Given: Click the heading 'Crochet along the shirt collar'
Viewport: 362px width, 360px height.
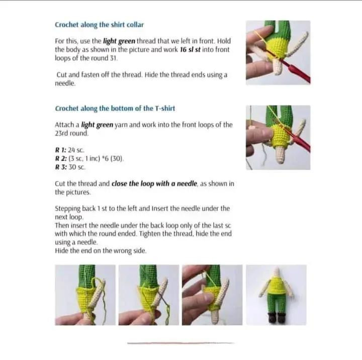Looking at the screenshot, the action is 99,25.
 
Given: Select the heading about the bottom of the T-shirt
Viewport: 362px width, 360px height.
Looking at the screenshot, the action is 115,108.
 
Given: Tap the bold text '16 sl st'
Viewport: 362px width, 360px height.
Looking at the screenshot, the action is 190,50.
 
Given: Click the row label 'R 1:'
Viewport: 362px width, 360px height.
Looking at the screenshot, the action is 61,150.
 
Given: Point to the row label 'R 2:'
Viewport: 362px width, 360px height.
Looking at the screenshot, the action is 61,159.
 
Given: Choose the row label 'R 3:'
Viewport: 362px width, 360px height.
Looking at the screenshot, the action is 61,167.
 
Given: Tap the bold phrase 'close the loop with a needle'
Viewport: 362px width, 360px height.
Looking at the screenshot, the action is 154,184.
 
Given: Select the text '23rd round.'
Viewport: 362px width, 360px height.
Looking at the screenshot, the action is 71,133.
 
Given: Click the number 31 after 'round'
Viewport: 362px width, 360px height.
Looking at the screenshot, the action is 113,58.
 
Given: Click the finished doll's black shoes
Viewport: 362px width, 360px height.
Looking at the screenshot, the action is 277,318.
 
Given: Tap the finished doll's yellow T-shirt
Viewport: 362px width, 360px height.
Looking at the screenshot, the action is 276,286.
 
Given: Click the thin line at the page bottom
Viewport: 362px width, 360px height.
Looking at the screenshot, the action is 181,343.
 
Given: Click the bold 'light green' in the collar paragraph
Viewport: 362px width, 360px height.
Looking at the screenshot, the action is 119,41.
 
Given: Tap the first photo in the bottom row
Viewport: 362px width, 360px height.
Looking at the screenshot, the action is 85,295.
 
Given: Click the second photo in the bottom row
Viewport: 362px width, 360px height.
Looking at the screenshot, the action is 149,295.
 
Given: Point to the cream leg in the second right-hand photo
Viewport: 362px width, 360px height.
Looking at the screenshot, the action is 280,155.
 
